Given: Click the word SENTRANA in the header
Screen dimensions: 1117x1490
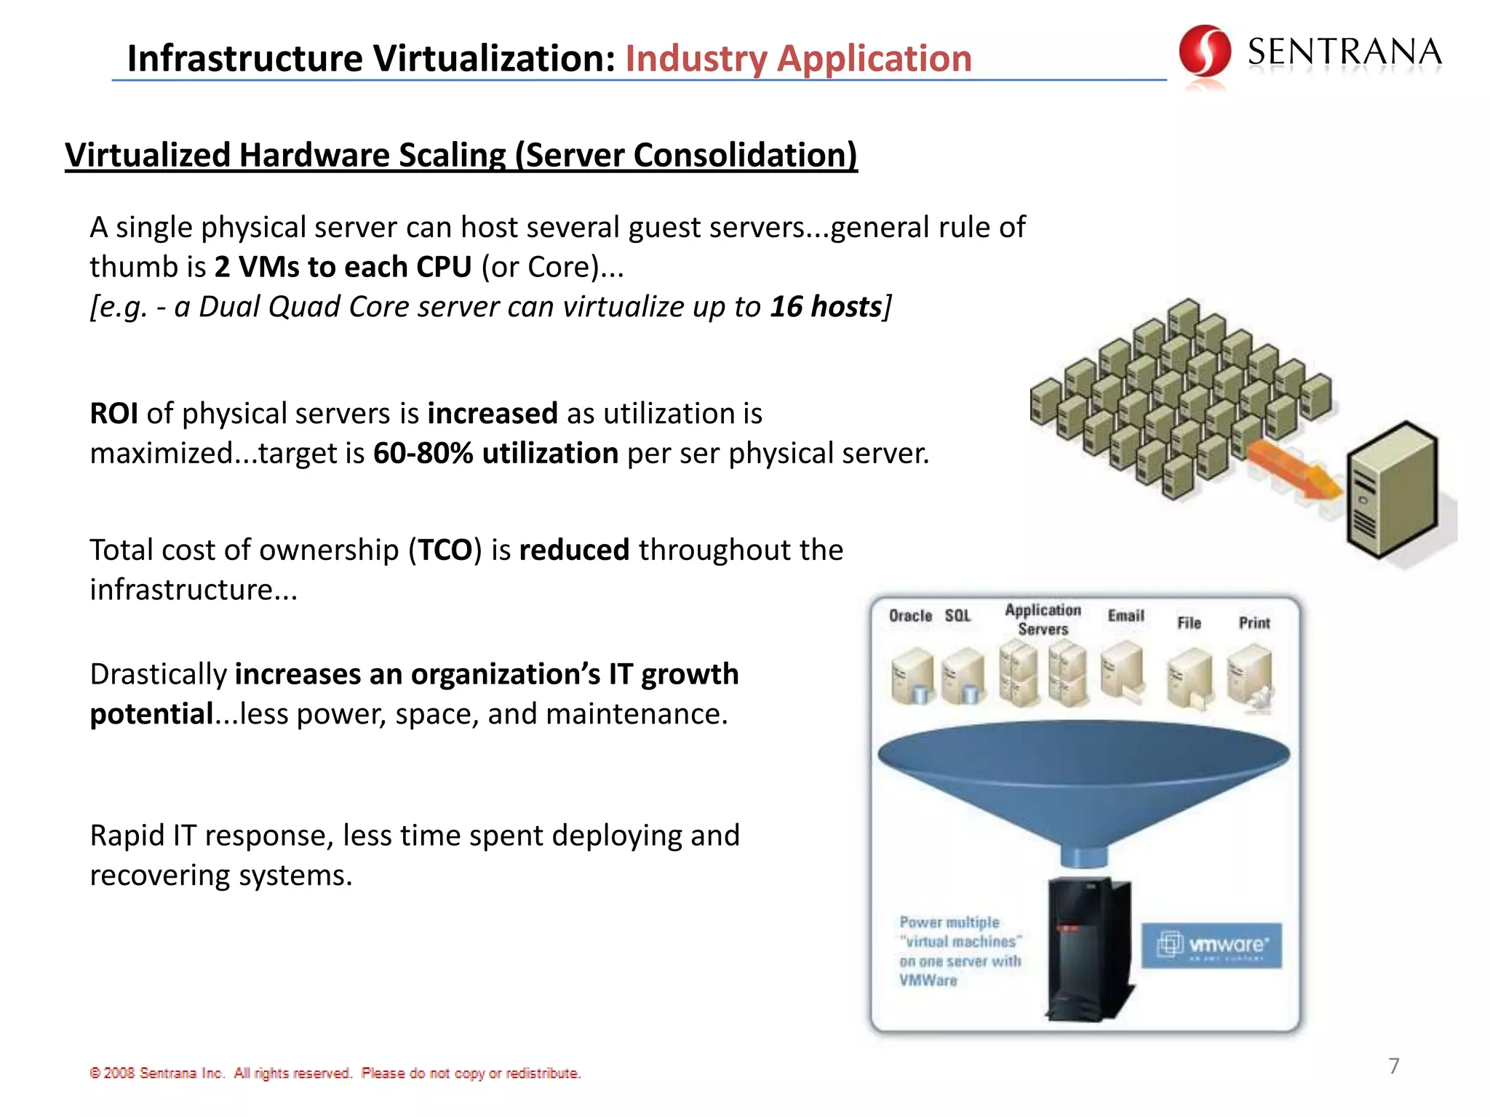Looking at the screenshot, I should coord(1344,52).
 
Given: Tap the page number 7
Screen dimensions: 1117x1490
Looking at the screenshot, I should coord(1393,1066).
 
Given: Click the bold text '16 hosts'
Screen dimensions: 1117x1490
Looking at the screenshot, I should coord(826,307).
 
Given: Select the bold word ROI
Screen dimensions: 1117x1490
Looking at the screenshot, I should coord(114,414).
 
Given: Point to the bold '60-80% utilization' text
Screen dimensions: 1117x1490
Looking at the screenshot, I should coord(495,454).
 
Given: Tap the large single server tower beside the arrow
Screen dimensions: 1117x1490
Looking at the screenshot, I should coord(1391,491).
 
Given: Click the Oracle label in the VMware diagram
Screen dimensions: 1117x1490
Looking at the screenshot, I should coord(910,616).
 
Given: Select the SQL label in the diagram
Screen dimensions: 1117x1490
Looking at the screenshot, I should coord(957,616).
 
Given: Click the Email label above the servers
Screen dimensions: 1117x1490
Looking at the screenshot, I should coord(1126,616).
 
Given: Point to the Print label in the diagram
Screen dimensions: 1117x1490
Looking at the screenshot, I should coord(1254,623).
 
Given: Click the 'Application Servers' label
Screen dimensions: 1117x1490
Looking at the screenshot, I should coord(1043,620).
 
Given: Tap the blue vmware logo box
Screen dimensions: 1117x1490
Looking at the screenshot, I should coord(1211,945).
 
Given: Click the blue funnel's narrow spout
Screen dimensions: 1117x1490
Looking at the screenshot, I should coord(1084,855).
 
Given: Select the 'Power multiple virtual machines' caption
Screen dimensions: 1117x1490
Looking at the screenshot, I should coord(959,951).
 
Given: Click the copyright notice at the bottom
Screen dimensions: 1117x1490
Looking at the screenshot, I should coord(335,1073).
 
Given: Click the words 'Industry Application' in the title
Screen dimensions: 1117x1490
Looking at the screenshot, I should coord(798,58).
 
